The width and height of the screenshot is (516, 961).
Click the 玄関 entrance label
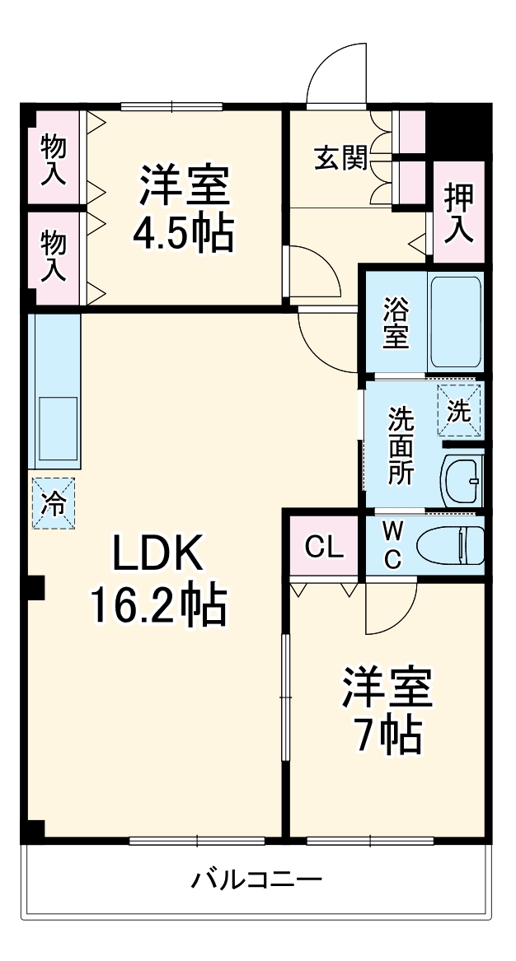[340, 157]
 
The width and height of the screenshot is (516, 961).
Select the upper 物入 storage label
[54, 158]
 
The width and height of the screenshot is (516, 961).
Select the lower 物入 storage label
[54, 256]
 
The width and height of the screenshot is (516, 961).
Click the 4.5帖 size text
[184, 234]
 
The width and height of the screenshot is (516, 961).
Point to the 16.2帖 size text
[157, 608]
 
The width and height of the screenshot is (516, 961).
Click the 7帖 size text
[387, 735]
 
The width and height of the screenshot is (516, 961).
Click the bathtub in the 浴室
[455, 320]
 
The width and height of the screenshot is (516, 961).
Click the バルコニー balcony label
[256, 879]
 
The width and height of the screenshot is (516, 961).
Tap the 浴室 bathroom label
[395, 323]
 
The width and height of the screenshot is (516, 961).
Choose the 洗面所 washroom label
[401, 446]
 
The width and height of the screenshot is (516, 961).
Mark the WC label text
[392, 546]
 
